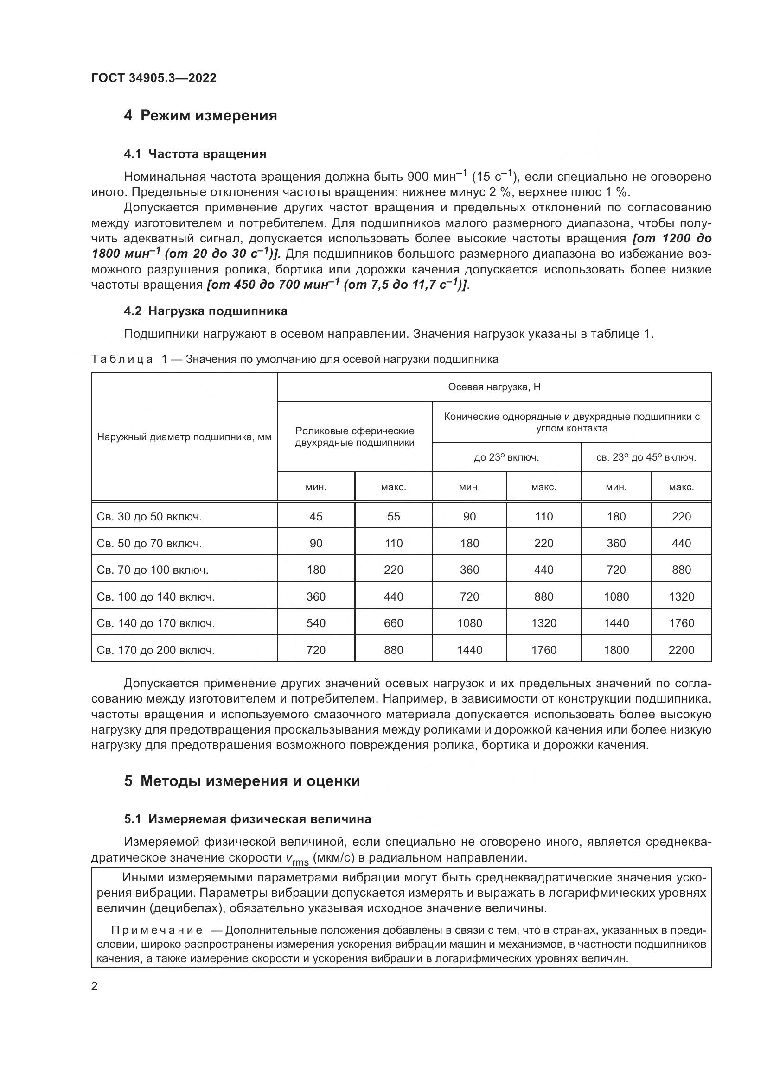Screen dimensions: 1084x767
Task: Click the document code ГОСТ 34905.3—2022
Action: [154, 78]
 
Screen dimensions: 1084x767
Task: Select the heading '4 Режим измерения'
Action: [200, 116]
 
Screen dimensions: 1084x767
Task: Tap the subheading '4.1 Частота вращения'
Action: [195, 154]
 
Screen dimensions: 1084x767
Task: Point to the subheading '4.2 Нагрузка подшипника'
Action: [205, 311]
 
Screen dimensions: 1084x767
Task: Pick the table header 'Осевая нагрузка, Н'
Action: [494, 387]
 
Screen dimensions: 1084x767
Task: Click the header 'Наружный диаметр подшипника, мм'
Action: [184, 437]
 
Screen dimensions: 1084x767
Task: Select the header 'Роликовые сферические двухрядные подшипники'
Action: [355, 437]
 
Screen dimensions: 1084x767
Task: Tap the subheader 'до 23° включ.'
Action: [506, 457]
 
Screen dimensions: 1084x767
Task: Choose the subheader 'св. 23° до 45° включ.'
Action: [646, 457]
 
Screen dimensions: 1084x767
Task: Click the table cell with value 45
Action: [316, 516]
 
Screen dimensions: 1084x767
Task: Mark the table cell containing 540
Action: [316, 623]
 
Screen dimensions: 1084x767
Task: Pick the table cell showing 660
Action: [393, 623]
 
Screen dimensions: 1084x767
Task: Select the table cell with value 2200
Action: [682, 650]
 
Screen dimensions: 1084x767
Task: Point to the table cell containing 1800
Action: [616, 650]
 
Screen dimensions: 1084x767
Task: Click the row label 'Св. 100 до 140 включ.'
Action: [156, 597]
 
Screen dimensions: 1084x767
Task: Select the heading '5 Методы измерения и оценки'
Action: [242, 781]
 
